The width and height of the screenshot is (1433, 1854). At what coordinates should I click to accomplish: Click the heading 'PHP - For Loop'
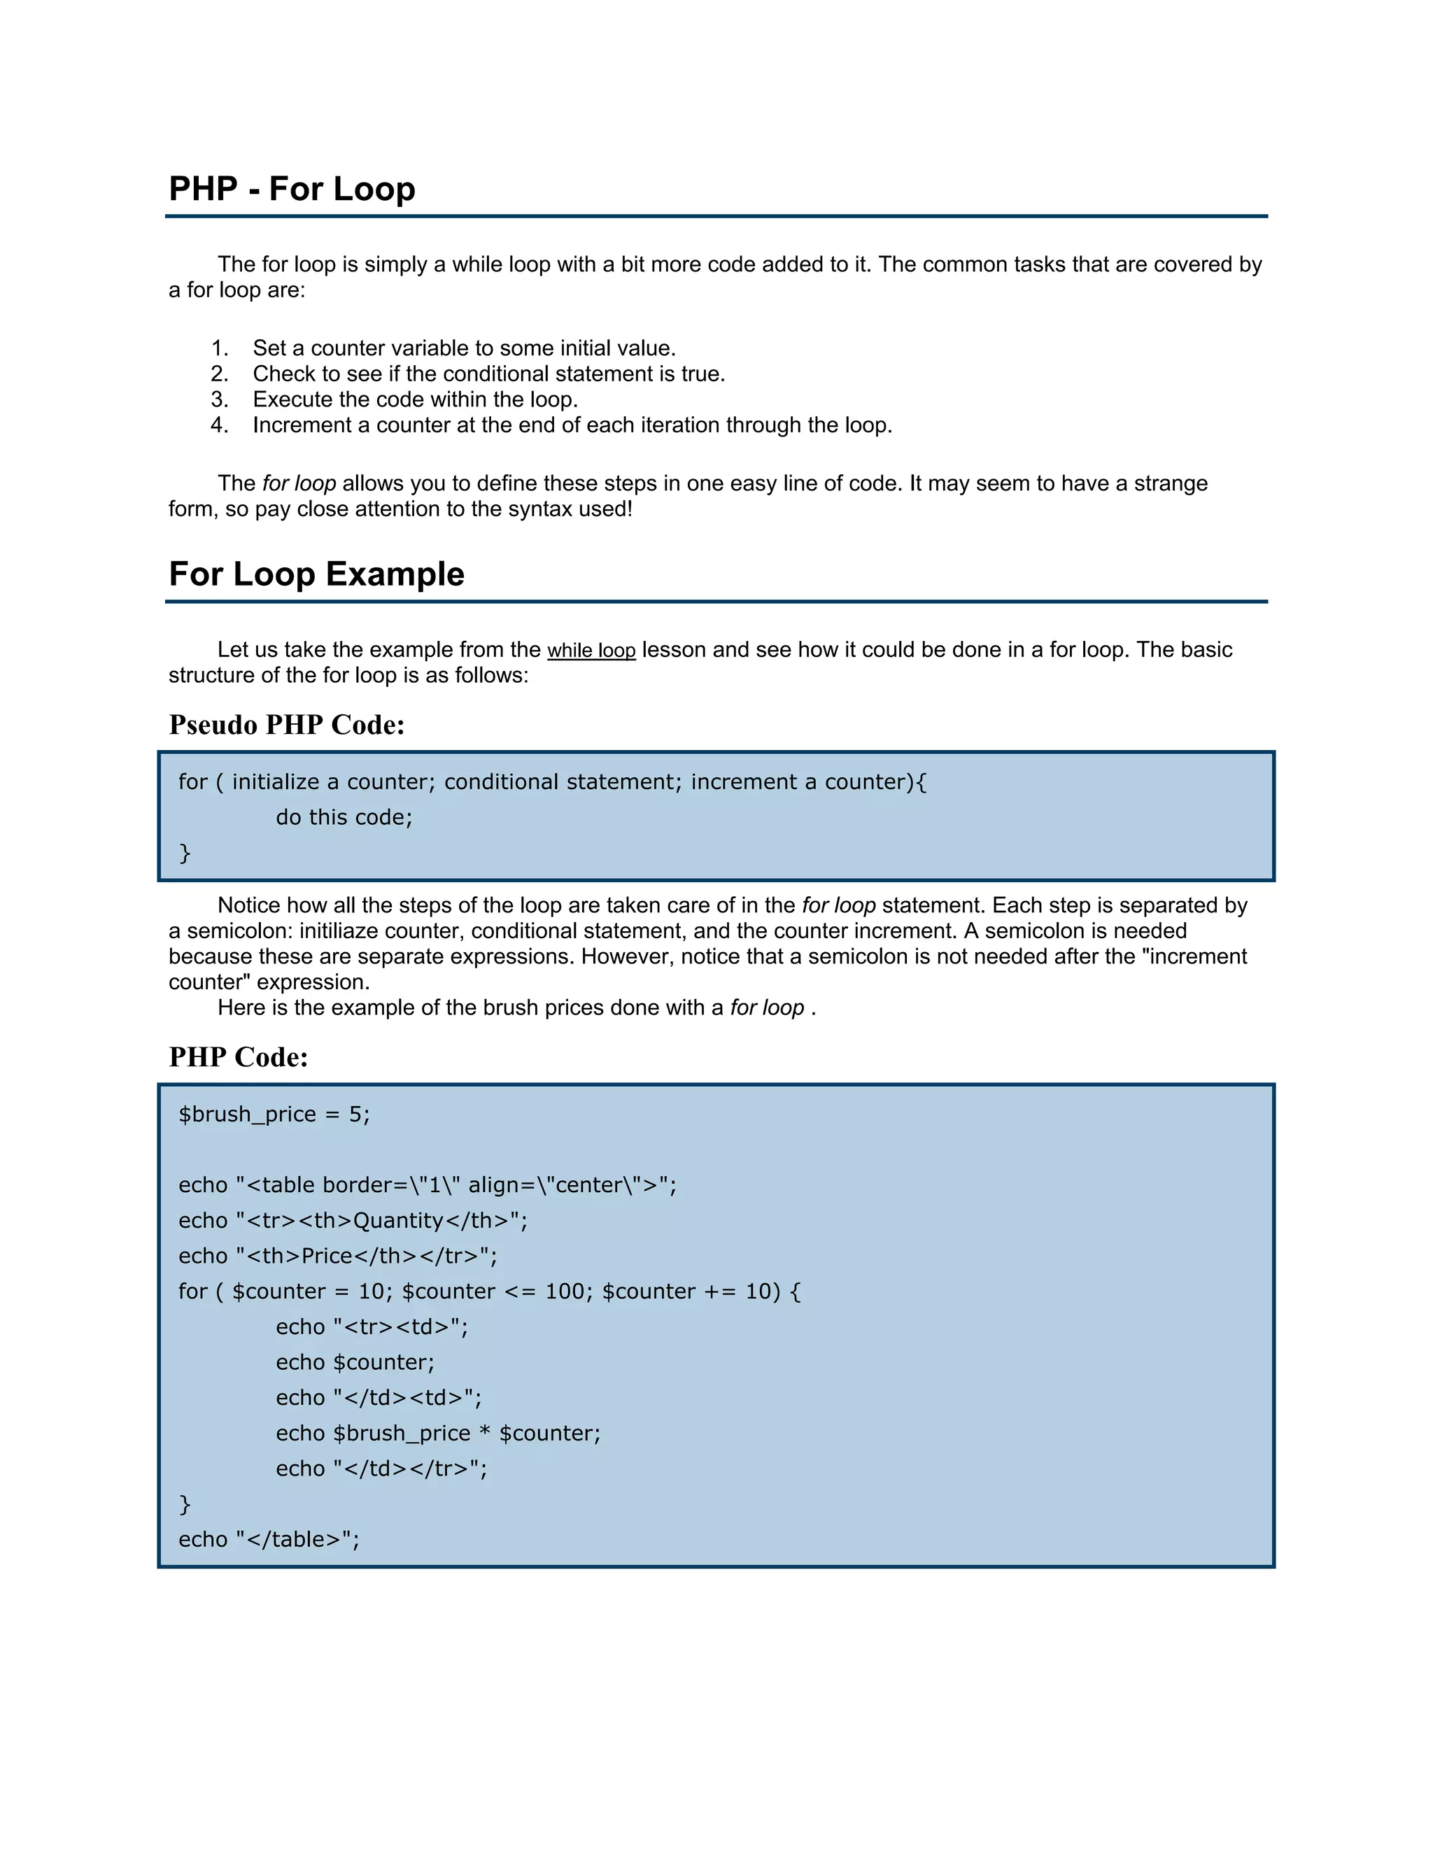click(292, 188)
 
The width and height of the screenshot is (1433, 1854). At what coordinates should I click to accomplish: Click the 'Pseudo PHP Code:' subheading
click(287, 725)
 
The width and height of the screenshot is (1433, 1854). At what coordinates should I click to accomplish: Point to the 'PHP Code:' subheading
click(239, 1057)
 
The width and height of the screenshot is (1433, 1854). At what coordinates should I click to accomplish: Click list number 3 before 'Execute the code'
click(219, 399)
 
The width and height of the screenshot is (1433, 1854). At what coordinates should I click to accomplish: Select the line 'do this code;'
click(344, 817)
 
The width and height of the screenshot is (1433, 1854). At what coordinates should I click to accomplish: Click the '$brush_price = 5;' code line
click(274, 1114)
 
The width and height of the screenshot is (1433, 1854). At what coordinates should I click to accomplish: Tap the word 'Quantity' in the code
click(398, 1221)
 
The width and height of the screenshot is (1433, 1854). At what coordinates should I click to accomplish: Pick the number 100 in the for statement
click(565, 1292)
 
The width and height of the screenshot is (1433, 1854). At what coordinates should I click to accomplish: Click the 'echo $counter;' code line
click(355, 1362)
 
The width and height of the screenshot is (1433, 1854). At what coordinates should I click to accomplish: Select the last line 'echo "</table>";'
click(269, 1540)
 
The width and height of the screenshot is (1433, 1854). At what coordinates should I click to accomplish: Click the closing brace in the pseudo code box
click(184, 853)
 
